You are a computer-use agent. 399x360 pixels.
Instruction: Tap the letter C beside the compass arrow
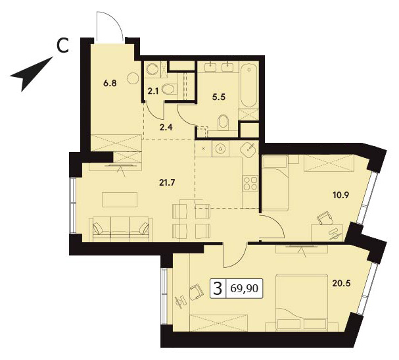click(x=62, y=45)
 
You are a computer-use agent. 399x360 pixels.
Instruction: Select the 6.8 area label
click(x=110, y=83)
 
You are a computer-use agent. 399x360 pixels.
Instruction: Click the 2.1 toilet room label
click(x=153, y=91)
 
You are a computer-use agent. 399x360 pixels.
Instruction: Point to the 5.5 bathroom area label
click(x=220, y=97)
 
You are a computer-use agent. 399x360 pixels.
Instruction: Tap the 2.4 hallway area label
click(x=166, y=126)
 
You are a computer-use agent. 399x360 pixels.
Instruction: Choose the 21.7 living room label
click(x=167, y=182)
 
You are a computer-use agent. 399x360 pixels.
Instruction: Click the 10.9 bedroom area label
click(x=341, y=195)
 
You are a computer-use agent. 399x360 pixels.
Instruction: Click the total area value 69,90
click(x=245, y=288)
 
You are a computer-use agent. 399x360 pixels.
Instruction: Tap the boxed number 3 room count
click(x=218, y=288)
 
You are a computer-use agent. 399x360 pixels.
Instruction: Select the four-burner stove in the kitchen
click(x=250, y=184)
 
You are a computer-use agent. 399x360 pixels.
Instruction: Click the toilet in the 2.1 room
click(x=170, y=89)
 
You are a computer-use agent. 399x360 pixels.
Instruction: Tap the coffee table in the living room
click(x=120, y=200)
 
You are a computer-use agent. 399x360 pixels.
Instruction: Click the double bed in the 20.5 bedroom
click(x=302, y=303)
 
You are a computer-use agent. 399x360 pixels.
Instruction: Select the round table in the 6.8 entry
click(x=133, y=78)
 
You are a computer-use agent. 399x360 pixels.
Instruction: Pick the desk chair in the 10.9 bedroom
click(x=325, y=219)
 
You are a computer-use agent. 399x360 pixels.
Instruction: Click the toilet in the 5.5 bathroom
click(x=224, y=122)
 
